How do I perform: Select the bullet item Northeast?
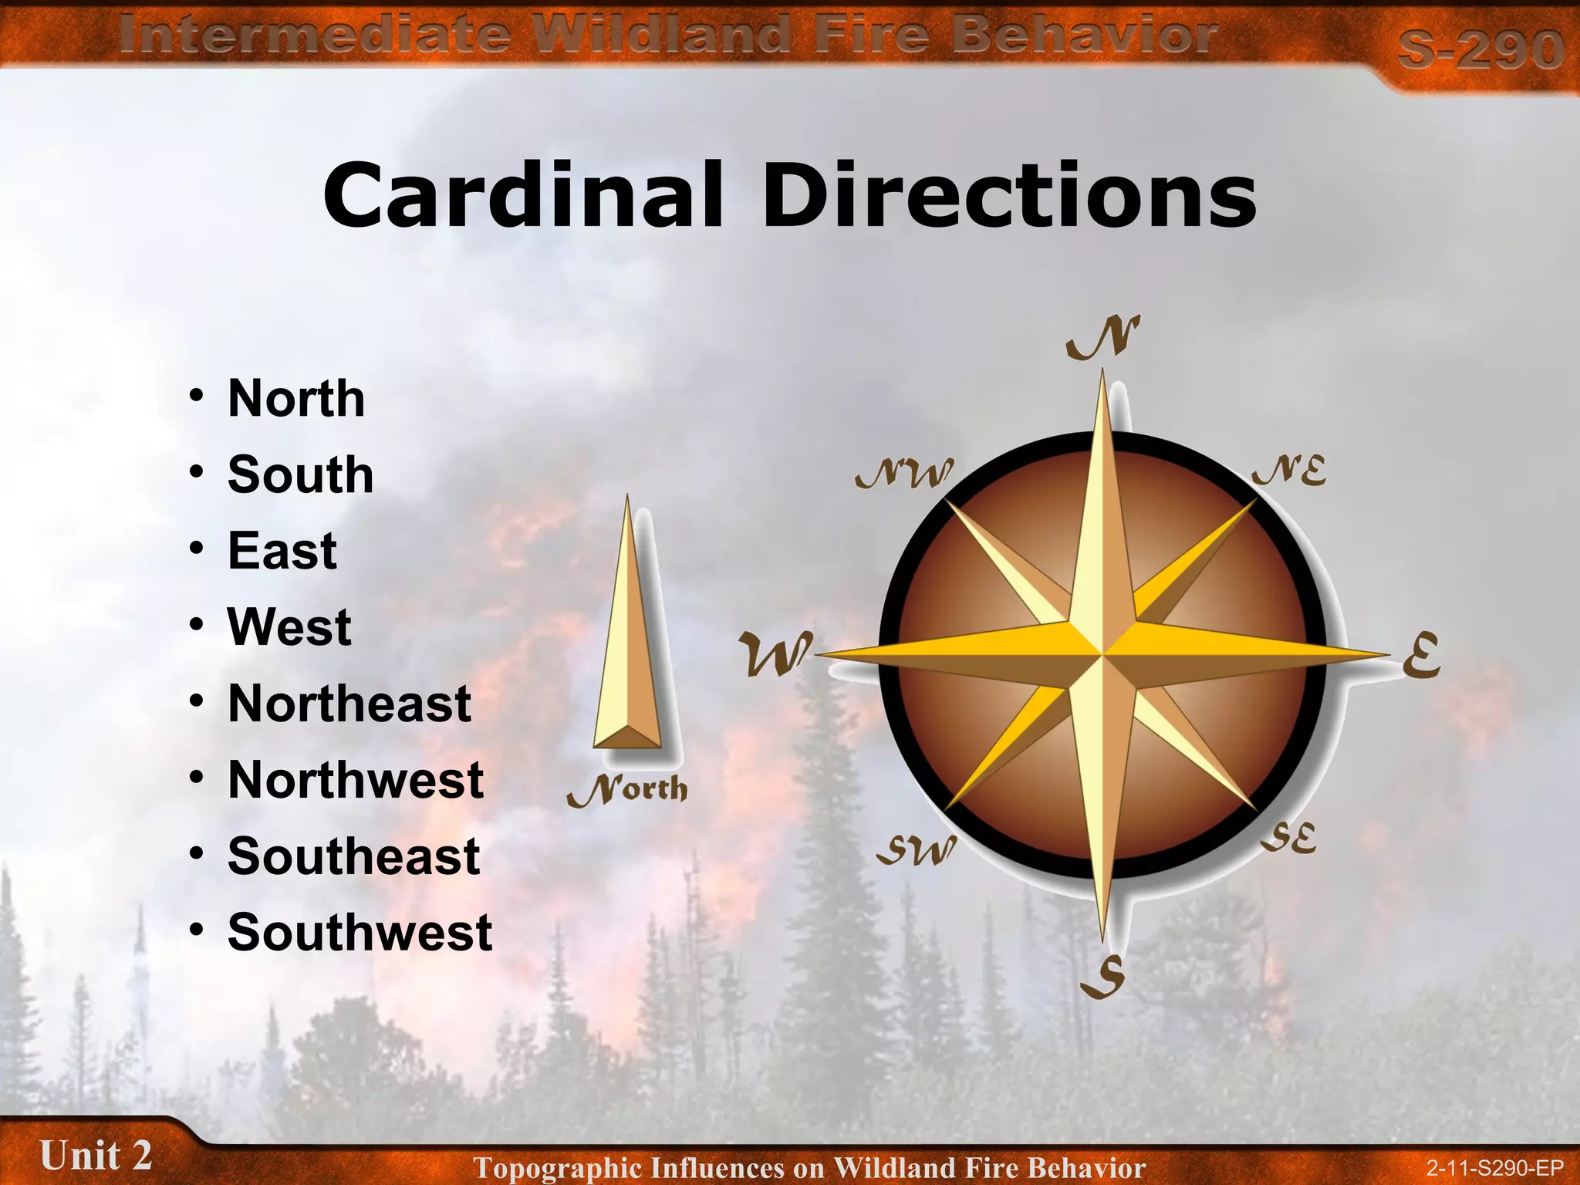[349, 704]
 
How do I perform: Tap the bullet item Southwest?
[360, 932]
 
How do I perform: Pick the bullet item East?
[282, 551]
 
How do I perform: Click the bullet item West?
[289, 626]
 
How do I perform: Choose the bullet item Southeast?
[354, 856]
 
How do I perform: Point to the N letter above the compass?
[1103, 338]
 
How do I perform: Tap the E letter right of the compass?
[1421, 655]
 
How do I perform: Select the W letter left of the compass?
[775, 653]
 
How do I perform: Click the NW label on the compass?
[904, 473]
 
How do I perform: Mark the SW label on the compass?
[917, 849]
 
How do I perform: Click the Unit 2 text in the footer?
[96, 1156]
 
